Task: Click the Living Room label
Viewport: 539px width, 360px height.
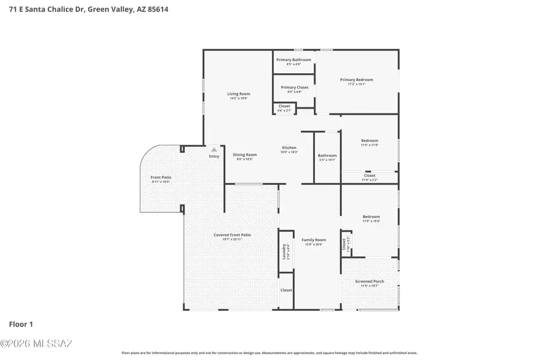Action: click(x=238, y=94)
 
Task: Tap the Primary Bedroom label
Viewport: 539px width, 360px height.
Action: click(x=356, y=80)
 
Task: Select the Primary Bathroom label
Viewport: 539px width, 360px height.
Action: click(x=293, y=60)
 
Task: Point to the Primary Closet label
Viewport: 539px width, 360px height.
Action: click(x=294, y=88)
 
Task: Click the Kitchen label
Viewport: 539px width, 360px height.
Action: click(x=289, y=148)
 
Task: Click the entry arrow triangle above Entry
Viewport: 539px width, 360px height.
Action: click(x=214, y=149)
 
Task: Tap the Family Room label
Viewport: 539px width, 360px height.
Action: click(x=313, y=240)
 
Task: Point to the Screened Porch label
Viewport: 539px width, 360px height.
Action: click(x=370, y=281)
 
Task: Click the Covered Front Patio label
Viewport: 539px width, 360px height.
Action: click(x=228, y=235)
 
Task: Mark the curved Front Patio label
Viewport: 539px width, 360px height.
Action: click(x=161, y=178)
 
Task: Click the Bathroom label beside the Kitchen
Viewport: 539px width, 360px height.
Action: click(x=327, y=155)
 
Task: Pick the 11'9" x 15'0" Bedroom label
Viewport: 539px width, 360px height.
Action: click(x=371, y=217)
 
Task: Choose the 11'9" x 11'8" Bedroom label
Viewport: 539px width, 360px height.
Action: click(x=370, y=140)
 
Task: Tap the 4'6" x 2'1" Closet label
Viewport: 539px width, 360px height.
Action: click(x=284, y=106)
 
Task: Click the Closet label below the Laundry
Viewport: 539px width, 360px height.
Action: click(x=286, y=290)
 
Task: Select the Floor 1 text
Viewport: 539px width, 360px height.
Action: click(x=21, y=325)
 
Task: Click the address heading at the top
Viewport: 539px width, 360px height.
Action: click(x=84, y=10)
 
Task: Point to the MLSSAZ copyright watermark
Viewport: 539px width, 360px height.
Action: click(x=36, y=344)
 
